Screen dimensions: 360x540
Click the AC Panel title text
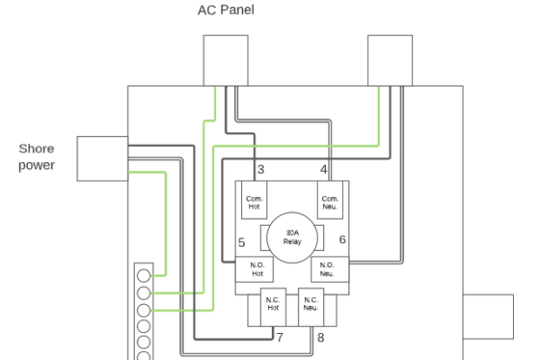pos(226,10)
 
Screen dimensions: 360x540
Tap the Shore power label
pos(37,157)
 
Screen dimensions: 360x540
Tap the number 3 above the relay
pos(260,169)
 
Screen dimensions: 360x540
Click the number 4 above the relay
pos(323,169)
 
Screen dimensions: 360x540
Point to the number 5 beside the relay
pos(241,242)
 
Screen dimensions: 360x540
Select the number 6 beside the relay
pos(342,239)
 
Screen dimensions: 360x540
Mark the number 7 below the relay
pos(280,337)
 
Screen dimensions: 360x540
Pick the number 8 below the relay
pos(320,337)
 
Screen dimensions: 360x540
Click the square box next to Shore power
pos(103,158)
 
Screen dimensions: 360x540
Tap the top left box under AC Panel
pos(225,59)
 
